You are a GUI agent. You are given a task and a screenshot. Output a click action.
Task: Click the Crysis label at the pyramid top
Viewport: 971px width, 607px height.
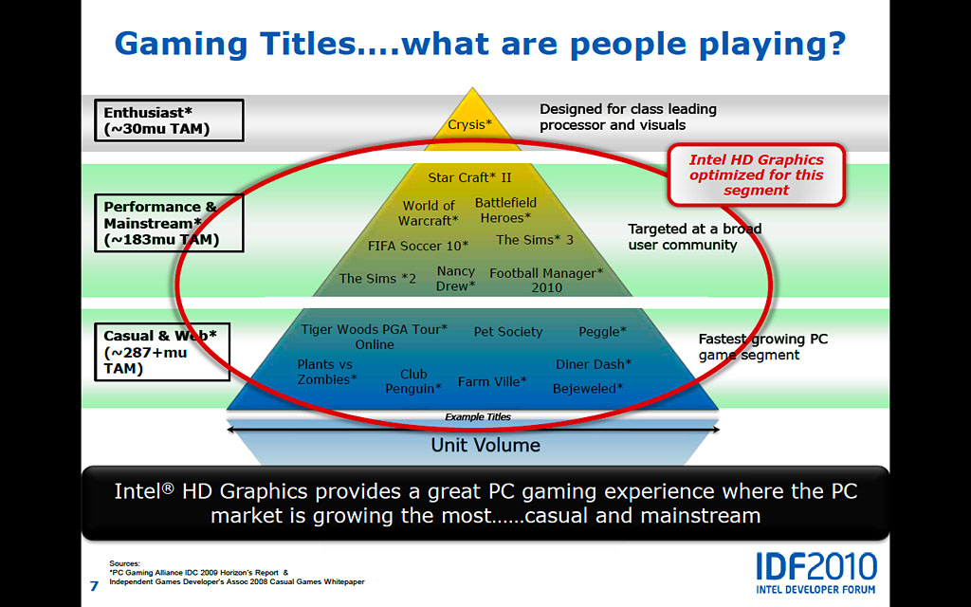pos(469,124)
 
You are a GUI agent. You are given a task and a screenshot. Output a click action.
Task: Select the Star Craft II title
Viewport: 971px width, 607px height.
pos(470,177)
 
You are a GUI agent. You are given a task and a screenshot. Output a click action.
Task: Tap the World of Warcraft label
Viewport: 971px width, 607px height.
pos(429,213)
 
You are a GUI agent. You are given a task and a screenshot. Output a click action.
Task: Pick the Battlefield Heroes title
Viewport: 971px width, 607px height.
pos(506,210)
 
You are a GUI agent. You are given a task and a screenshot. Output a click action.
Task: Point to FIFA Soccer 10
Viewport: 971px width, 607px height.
pos(418,246)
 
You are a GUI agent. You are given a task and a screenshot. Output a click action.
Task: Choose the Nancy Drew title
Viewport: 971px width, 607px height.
pos(456,279)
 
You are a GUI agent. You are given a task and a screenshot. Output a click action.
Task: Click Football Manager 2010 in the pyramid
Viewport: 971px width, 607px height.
pos(546,280)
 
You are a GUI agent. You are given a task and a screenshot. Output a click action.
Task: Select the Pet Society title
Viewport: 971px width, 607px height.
pos(508,332)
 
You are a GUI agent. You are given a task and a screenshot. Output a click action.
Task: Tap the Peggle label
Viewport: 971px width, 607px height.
pos(602,332)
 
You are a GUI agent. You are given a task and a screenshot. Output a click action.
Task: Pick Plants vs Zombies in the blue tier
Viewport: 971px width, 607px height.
pos(327,372)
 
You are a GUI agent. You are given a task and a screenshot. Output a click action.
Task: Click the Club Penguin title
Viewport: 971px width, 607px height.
pos(413,381)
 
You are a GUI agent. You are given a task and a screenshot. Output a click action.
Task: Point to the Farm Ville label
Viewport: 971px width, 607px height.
pos(492,381)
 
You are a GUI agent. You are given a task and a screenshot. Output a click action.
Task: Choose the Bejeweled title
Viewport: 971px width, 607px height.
pos(588,389)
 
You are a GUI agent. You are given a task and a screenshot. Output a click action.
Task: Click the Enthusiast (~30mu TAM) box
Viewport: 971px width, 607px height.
pos(169,120)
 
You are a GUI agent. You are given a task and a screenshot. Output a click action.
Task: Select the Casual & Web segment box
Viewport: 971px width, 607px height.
pos(162,352)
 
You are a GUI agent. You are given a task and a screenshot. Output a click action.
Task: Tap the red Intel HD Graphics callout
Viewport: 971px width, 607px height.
pos(756,175)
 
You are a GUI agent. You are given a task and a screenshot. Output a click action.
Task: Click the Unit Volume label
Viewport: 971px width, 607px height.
pos(485,445)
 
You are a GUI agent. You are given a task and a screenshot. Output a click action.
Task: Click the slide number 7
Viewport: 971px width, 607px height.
pos(94,585)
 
